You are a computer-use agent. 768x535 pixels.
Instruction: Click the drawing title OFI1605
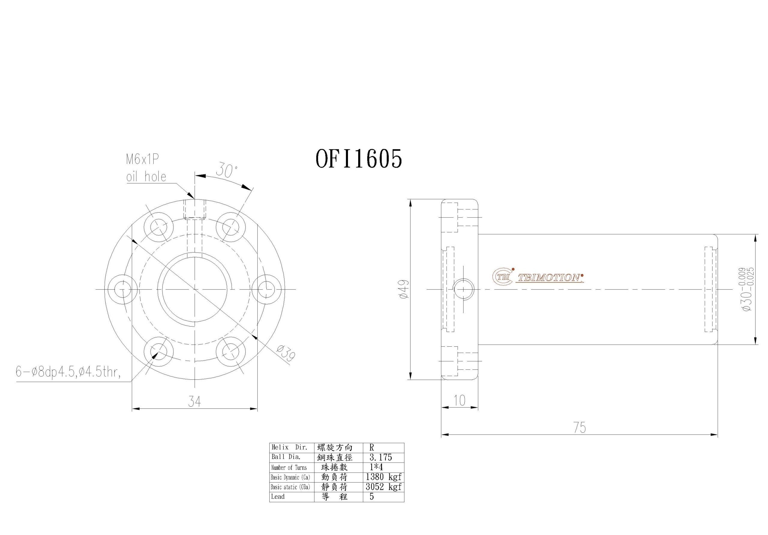[358, 159]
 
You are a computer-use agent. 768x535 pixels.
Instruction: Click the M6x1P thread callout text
[142, 160]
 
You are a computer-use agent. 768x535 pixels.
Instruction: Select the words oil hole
[146, 177]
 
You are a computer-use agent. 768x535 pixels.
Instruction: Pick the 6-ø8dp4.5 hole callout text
[68, 372]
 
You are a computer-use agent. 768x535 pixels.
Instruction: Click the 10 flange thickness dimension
[460, 400]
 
